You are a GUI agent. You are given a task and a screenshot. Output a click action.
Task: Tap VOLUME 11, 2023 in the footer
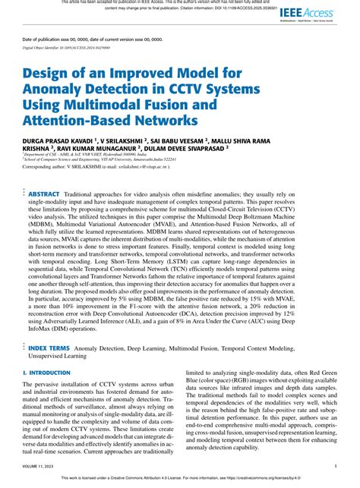tap(37, 467)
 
